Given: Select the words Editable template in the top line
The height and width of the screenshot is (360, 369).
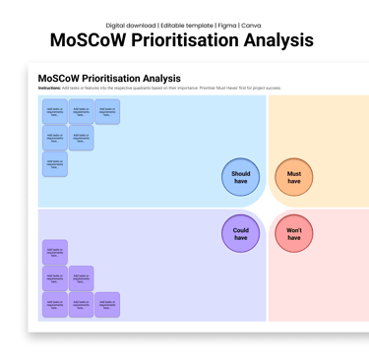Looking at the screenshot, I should (x=186, y=25).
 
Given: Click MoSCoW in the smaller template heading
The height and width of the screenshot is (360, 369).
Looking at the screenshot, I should (x=56, y=78).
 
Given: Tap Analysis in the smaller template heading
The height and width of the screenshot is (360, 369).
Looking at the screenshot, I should (x=161, y=78).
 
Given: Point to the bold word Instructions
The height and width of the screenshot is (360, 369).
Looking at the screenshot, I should (x=49, y=88).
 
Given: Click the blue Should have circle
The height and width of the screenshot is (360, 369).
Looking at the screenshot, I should (x=241, y=178).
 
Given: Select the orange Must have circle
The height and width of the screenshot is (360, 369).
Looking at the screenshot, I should (x=294, y=178).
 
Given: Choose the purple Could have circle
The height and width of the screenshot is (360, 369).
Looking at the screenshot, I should (x=241, y=233).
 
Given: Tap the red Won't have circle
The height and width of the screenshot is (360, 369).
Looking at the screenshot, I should (x=294, y=233).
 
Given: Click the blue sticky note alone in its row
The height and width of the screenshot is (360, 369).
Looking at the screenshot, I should (x=55, y=163).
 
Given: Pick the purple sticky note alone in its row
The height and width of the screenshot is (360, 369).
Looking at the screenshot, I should (x=55, y=252).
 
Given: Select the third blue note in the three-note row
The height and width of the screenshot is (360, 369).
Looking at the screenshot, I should (x=107, y=111).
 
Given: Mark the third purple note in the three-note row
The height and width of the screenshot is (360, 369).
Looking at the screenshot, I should (x=107, y=305).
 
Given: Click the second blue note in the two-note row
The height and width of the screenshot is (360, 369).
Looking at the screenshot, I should (x=82, y=138).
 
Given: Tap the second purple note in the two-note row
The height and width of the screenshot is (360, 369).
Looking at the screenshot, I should (x=82, y=278).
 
